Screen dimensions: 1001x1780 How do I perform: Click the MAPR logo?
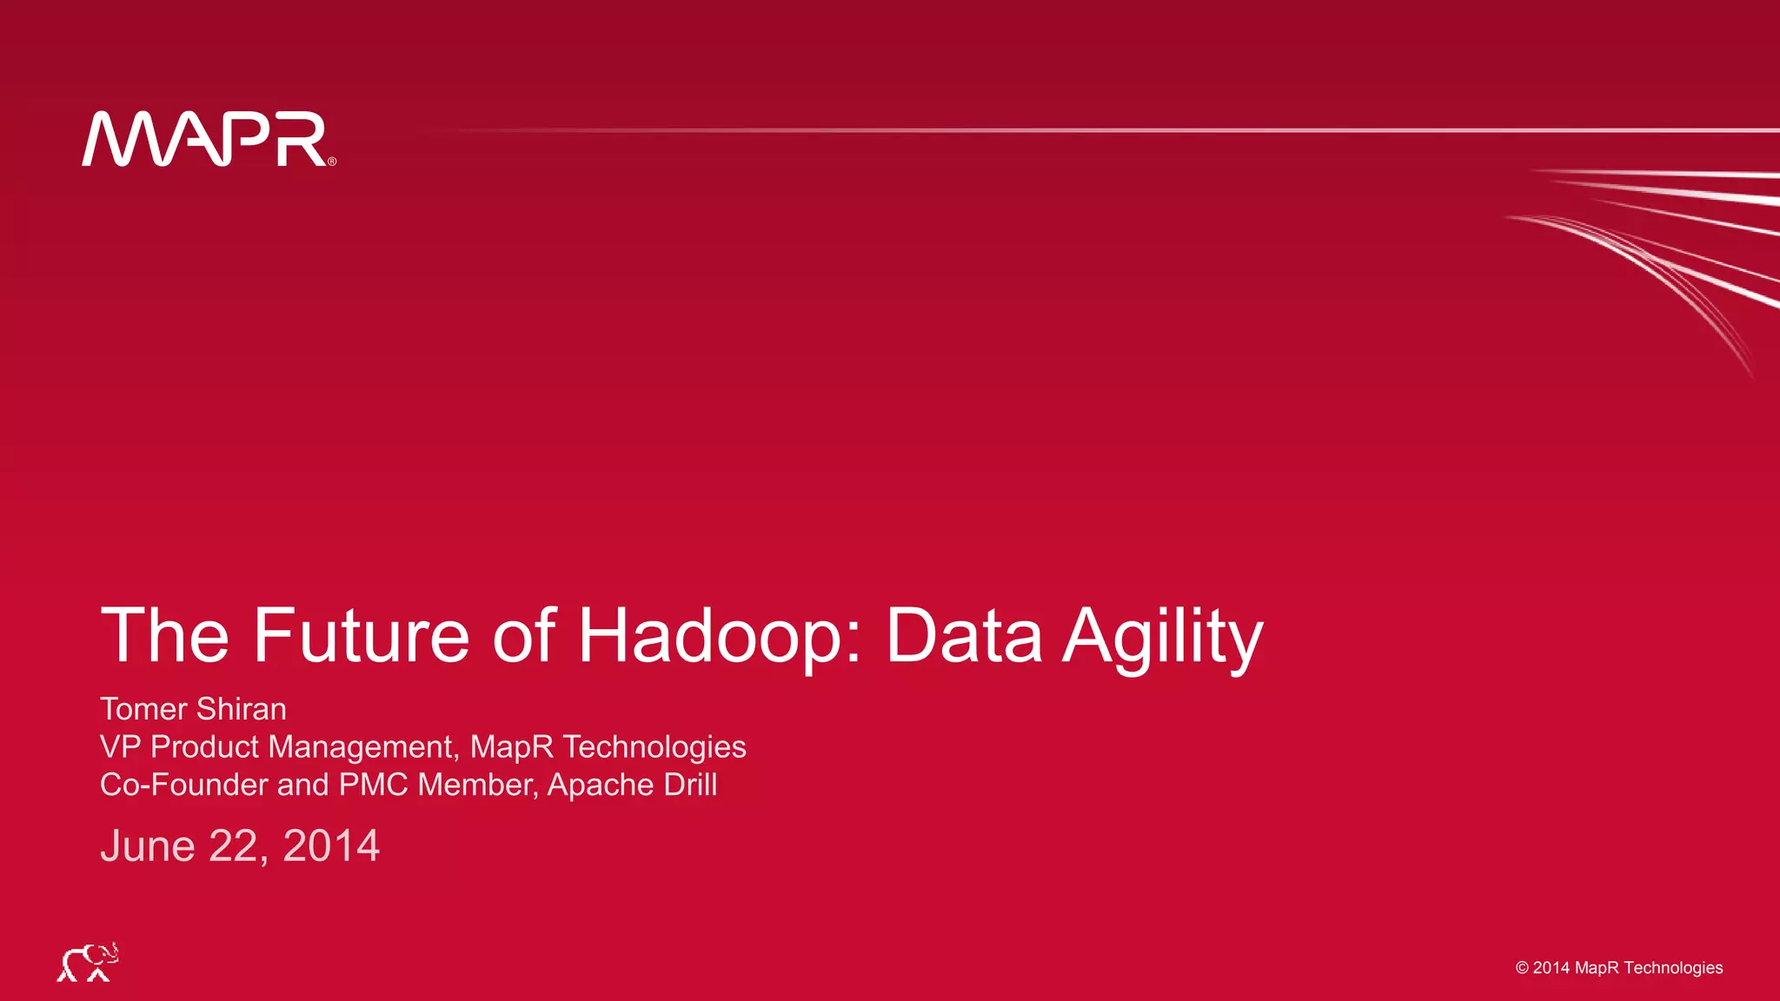[205, 139]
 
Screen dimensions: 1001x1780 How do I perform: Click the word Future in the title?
[361, 636]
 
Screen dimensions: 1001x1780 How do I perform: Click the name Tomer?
[143, 709]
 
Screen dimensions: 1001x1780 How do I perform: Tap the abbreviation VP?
[120, 747]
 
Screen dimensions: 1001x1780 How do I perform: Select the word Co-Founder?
[183, 785]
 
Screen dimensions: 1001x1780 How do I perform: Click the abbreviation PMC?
[373, 785]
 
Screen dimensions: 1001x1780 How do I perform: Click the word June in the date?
[148, 845]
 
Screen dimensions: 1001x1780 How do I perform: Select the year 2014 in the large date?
[331, 845]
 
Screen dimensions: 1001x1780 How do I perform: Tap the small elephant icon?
[88, 962]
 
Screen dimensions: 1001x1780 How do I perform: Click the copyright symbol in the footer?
[1522, 968]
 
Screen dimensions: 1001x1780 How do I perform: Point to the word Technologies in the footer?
[1673, 968]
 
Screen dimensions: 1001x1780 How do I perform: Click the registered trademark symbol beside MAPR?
[332, 162]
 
